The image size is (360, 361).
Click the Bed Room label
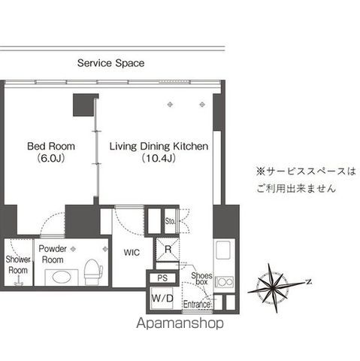(51, 146)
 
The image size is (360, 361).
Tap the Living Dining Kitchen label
(159, 146)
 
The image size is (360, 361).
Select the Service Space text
(110, 63)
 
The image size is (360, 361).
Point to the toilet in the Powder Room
(93, 272)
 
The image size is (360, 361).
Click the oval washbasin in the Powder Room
(62, 277)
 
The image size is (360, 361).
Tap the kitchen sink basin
(223, 250)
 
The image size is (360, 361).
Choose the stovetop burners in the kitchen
(225, 282)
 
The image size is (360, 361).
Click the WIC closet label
(132, 253)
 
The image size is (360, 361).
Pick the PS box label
(162, 278)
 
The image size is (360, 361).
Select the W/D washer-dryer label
(162, 299)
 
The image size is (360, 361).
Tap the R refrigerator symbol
(168, 250)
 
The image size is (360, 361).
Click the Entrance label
(197, 305)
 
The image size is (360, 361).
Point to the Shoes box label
(201, 278)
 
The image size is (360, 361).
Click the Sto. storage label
(170, 221)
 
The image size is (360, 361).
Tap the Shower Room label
(18, 265)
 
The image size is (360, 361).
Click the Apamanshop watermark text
(180, 323)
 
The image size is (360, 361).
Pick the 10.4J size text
(159, 158)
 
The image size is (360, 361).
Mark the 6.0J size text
(51, 158)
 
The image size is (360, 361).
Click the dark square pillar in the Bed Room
(85, 105)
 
